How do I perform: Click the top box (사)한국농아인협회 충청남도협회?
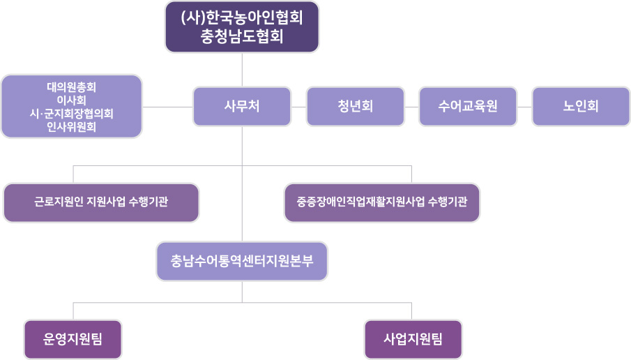pyautogui.click(x=242, y=27)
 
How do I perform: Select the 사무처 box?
pyautogui.click(x=242, y=107)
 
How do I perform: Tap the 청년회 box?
pyautogui.click(x=355, y=107)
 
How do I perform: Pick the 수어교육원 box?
pyautogui.click(x=468, y=107)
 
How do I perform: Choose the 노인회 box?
pyautogui.click(x=581, y=107)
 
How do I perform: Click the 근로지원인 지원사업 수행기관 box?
pyautogui.click(x=101, y=203)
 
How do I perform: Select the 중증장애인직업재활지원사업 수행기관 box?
pyautogui.click(x=382, y=203)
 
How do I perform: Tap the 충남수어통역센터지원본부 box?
pyautogui.click(x=242, y=261)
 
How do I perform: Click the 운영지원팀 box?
pyautogui.click(x=73, y=340)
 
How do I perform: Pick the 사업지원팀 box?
pyautogui.click(x=413, y=340)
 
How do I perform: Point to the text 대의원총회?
pyautogui.click(x=72, y=88)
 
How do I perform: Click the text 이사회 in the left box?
pyautogui.click(x=72, y=100)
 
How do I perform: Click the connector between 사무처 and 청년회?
pyautogui.click(x=299, y=107)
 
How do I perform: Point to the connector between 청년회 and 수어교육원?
pyautogui.click(x=411, y=107)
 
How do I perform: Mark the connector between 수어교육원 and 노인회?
pyautogui.click(x=524, y=107)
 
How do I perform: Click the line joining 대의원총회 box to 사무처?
pyautogui.click(x=167, y=107)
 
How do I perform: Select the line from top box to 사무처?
pyautogui.click(x=242, y=70)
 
